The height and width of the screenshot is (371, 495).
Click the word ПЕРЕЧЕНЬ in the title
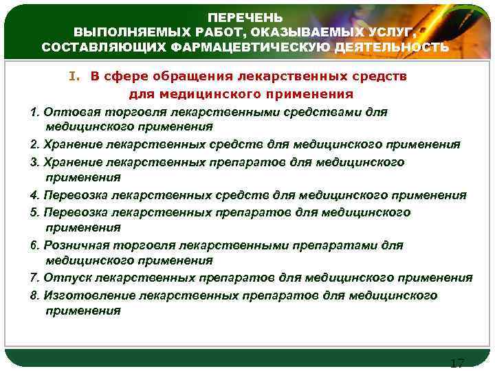pos(245,17)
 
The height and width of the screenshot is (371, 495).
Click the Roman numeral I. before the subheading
pos(74,77)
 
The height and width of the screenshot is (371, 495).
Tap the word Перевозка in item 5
pos(74,212)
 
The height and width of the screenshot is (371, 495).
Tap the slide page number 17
pos(456,363)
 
